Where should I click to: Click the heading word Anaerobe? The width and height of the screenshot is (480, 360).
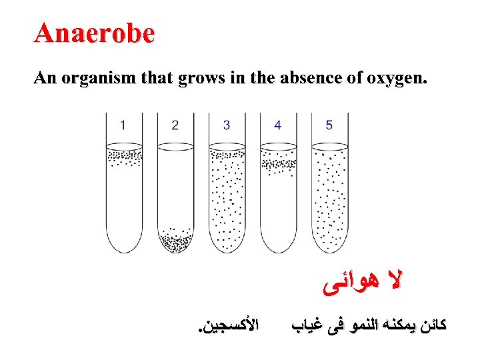95,33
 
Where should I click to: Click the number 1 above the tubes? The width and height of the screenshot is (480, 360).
123,125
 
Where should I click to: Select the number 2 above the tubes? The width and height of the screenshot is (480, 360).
175,125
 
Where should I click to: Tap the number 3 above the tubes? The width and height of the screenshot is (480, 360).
227,125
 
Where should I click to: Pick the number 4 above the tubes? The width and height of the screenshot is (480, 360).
277,125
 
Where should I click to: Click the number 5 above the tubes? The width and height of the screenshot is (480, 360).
329,125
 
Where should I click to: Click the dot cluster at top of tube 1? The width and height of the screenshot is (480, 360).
124,158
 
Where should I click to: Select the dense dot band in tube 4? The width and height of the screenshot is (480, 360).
278,163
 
